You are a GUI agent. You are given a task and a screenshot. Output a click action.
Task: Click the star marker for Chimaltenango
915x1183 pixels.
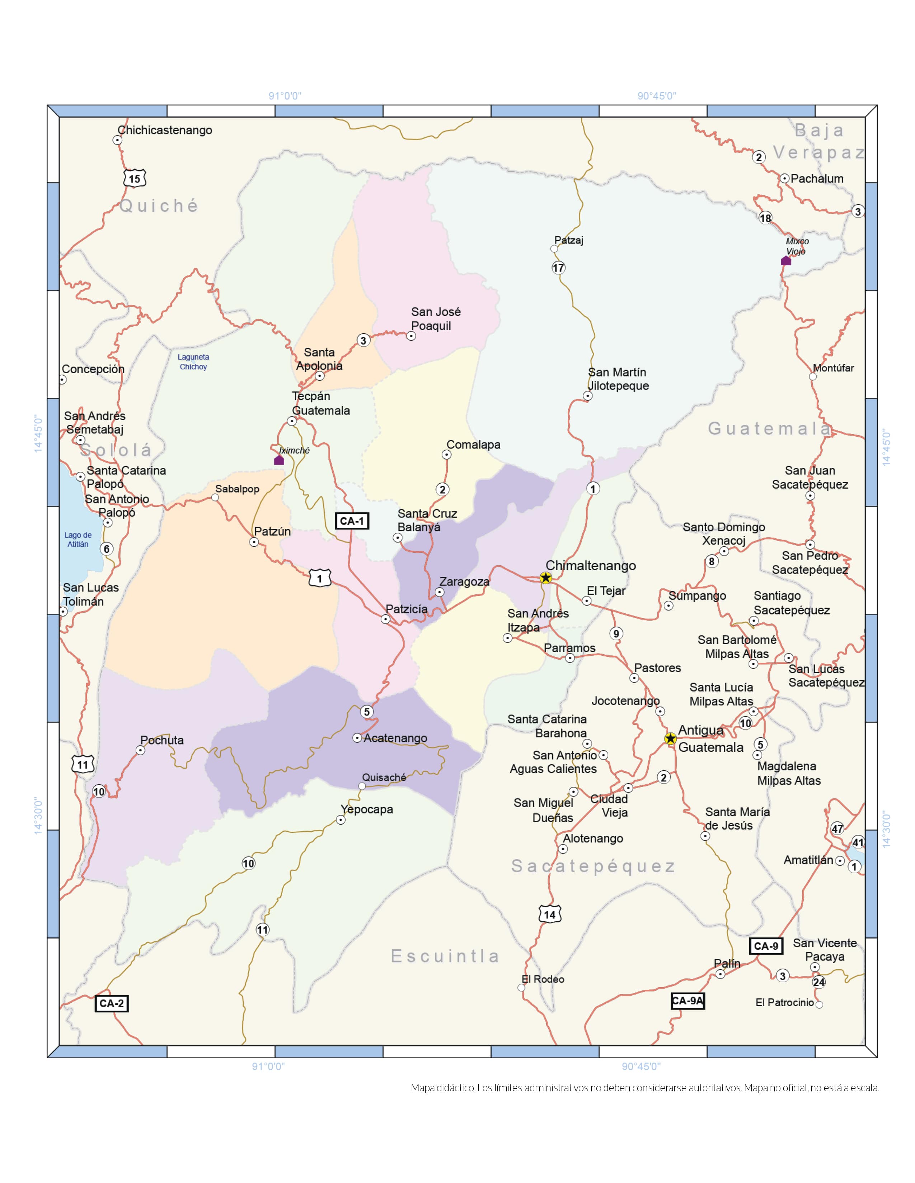546,578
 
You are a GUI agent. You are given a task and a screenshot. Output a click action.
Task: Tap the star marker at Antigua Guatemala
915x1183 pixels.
671,738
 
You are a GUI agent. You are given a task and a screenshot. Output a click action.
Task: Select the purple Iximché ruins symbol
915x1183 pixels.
278,460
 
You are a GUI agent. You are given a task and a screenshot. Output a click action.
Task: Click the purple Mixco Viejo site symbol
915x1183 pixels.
785,261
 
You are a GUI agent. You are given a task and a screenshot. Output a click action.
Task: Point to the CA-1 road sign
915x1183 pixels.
352,521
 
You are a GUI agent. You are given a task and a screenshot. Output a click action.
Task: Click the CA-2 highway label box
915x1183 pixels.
111,1003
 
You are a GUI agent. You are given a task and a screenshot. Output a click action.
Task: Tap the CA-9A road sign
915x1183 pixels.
688,1001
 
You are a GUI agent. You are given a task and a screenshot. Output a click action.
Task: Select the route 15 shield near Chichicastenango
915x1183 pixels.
135,179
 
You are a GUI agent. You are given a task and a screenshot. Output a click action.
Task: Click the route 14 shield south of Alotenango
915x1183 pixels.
550,914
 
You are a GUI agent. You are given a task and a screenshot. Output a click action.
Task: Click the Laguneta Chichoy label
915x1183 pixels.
193,362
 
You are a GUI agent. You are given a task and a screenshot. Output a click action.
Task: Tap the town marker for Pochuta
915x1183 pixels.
140,750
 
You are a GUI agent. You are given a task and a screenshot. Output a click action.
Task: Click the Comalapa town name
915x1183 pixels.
473,445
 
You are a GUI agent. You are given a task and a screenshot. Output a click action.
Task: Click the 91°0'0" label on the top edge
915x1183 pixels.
285,96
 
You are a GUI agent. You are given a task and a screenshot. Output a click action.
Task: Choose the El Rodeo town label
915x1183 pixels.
543,979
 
